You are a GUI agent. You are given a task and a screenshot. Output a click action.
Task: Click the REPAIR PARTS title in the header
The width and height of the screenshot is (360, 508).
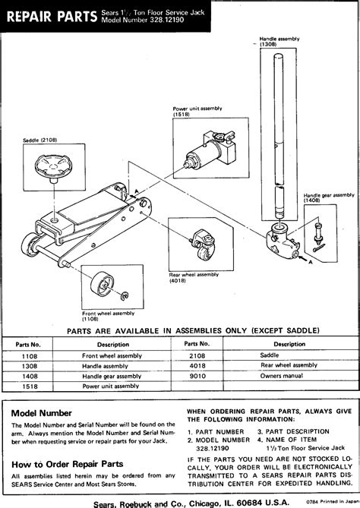click(50, 15)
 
